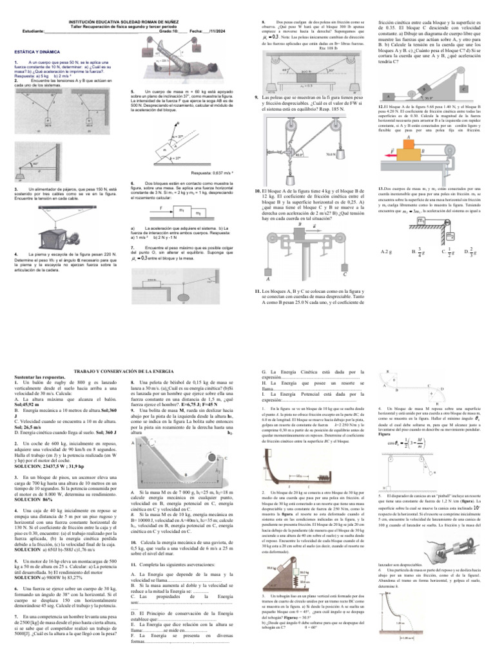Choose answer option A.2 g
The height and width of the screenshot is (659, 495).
pos(387,252)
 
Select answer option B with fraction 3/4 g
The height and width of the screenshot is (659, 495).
pos(414,252)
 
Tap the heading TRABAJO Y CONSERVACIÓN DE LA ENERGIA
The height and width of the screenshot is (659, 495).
pos(124,373)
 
